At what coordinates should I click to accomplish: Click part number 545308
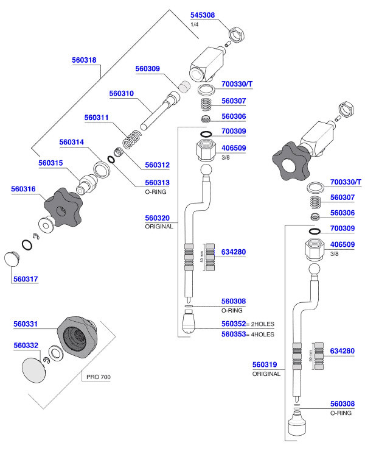point(203,15)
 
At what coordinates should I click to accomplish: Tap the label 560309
point(147,69)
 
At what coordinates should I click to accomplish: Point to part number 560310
point(121,94)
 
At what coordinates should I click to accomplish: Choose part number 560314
point(72,142)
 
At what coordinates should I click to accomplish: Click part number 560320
point(157,217)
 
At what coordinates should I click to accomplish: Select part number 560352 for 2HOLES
point(234,324)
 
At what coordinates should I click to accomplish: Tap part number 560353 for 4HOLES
point(234,334)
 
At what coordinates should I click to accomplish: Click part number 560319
point(265,365)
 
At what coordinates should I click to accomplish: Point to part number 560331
point(26,324)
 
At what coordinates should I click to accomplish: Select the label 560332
point(26,345)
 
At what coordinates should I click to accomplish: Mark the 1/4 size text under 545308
point(195,24)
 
